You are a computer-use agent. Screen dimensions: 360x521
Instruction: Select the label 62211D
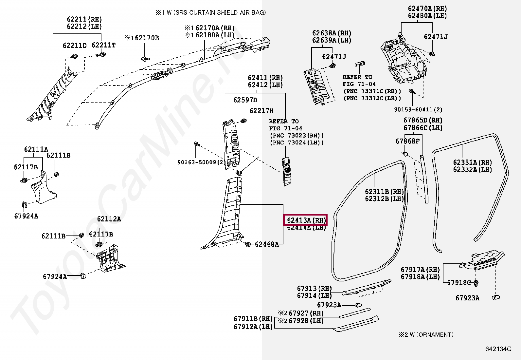75,46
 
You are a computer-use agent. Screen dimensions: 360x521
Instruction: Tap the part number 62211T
103,45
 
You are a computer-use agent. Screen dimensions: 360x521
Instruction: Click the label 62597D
245,100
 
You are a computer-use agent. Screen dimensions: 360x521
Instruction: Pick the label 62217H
261,111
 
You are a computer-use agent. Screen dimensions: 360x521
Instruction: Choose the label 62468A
267,244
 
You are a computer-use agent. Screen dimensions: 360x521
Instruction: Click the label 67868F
407,141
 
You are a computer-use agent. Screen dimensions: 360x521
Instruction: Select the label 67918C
459,282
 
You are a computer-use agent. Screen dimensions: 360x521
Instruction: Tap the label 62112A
109,219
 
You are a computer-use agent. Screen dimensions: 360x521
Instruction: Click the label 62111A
36,149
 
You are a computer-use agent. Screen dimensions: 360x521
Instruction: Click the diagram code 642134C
498,349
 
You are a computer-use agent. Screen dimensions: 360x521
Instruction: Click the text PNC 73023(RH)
297,135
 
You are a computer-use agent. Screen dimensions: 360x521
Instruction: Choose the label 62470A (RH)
427,9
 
